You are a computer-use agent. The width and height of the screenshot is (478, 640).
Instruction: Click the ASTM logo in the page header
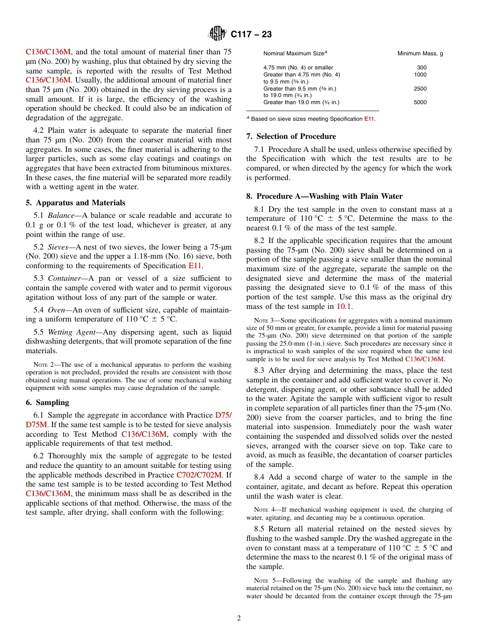coord(217,34)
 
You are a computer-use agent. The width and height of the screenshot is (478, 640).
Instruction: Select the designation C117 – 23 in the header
coord(251,35)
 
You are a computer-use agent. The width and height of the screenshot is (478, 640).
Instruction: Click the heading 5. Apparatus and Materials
coord(75,203)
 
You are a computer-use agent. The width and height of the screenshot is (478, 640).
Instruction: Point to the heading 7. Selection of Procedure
coord(291,136)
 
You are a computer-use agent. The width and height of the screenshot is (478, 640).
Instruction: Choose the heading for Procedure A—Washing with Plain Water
coord(324,196)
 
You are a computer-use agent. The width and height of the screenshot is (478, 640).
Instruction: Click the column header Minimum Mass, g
coord(420,53)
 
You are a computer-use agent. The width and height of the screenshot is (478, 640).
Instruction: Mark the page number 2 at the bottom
coord(239,618)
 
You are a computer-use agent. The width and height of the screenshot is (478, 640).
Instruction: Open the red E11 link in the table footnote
coord(369,119)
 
